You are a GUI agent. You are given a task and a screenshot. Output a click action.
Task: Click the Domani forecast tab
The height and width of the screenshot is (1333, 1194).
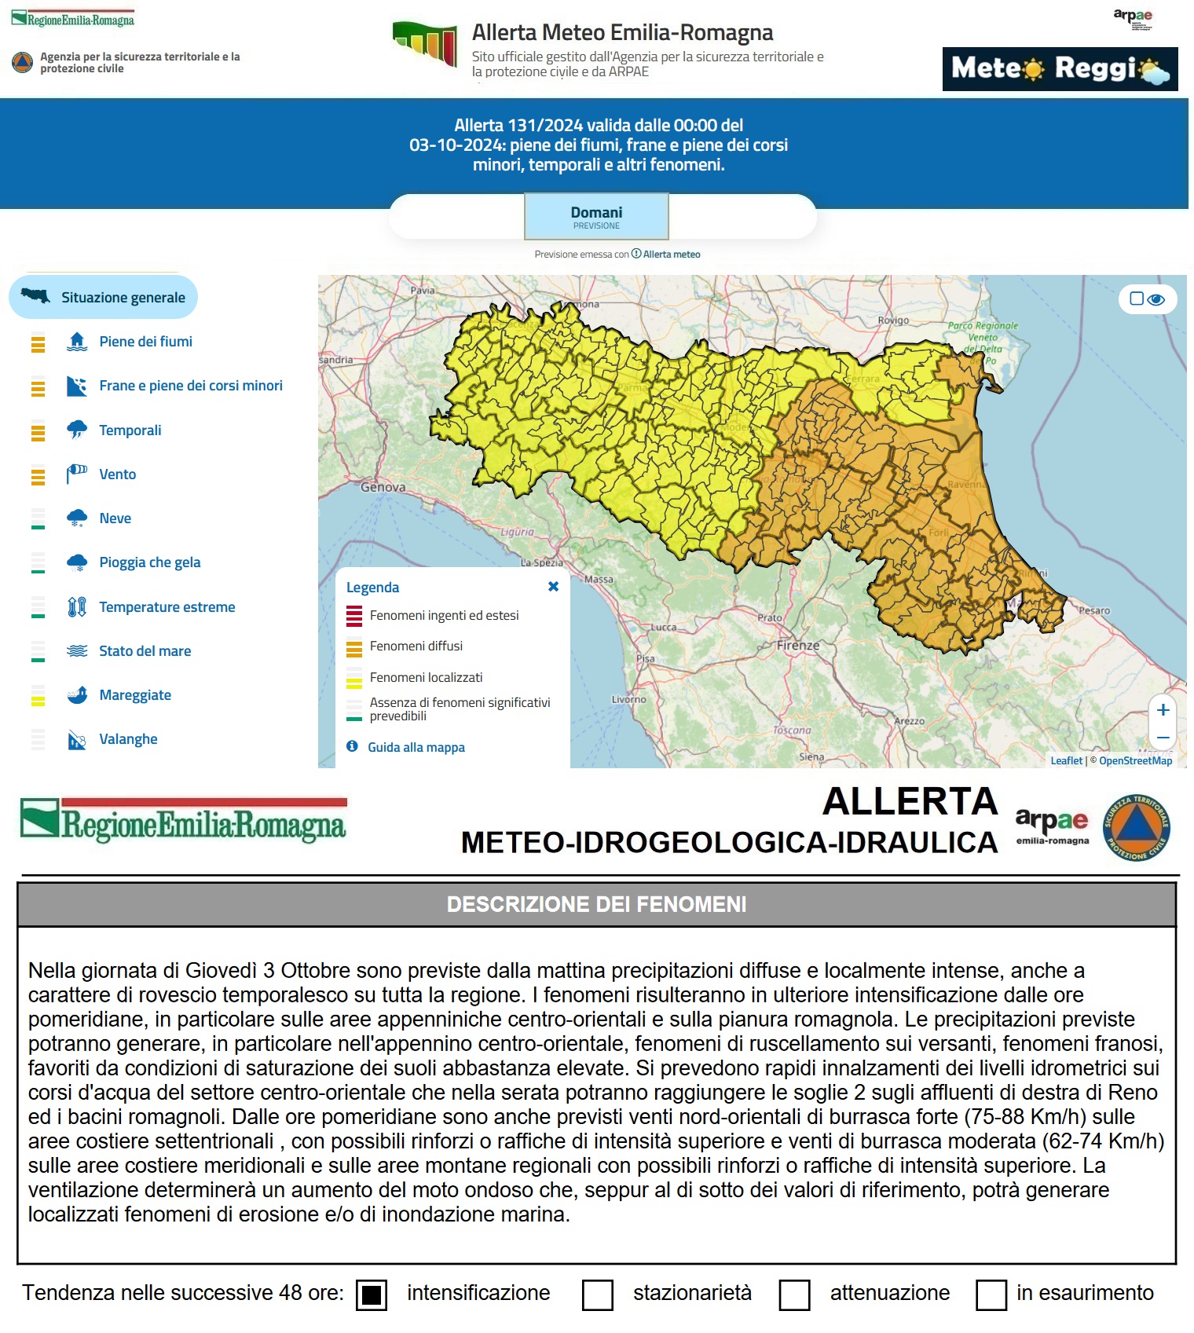pos(596,216)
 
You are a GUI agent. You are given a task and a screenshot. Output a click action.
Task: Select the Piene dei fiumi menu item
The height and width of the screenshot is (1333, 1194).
pos(145,342)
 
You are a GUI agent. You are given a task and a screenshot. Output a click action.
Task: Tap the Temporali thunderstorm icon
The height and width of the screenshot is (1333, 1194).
pos(77,430)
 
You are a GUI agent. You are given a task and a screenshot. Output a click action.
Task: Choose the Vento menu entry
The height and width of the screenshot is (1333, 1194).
pos(117,474)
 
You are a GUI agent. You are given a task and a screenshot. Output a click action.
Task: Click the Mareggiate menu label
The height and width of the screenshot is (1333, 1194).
pos(135,695)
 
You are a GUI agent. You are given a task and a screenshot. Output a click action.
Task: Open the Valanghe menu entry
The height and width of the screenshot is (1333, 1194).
pos(128,739)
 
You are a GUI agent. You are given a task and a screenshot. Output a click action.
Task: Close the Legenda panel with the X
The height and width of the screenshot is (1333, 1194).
pos(553,587)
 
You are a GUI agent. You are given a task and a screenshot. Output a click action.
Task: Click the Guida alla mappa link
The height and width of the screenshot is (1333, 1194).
pos(416,747)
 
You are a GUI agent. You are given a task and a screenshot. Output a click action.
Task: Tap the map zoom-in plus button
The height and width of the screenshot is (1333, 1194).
pos(1163,710)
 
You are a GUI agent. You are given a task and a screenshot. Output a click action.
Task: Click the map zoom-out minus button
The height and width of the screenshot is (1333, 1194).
pos(1163,738)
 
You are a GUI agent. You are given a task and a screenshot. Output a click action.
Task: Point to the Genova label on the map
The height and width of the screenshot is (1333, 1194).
pos(383,487)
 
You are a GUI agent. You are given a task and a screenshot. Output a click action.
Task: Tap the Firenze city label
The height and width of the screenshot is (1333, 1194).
pos(798,646)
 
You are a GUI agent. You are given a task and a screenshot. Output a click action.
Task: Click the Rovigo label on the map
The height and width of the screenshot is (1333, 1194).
pos(894,320)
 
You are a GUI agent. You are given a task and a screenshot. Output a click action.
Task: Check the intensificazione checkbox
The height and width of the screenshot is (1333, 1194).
pos(372,1295)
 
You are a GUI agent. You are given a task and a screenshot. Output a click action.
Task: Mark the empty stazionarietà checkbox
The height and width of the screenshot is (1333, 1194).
pos(597,1295)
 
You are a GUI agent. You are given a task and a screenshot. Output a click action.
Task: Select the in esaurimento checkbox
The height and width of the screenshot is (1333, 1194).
pos(991,1295)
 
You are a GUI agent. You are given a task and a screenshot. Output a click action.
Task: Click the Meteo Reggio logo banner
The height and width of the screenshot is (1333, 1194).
pos(1060,69)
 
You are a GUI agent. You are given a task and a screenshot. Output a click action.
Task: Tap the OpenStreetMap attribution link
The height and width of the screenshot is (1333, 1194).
pos(1135,760)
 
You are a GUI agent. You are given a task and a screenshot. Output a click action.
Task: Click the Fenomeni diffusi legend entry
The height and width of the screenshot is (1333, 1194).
pos(416,646)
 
